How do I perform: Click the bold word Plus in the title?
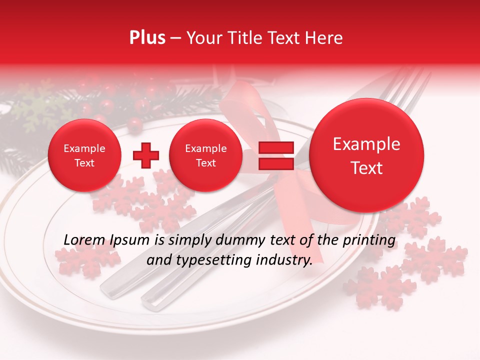click(x=147, y=38)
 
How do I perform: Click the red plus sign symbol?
click(x=146, y=155)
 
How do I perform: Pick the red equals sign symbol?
click(x=275, y=155)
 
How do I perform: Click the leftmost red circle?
click(x=84, y=155)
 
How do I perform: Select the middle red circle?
click(x=205, y=155)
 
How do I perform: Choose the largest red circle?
click(x=366, y=155)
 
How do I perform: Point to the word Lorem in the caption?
click(x=84, y=240)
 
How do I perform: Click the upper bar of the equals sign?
click(x=275, y=148)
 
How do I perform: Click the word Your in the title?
click(x=203, y=38)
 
